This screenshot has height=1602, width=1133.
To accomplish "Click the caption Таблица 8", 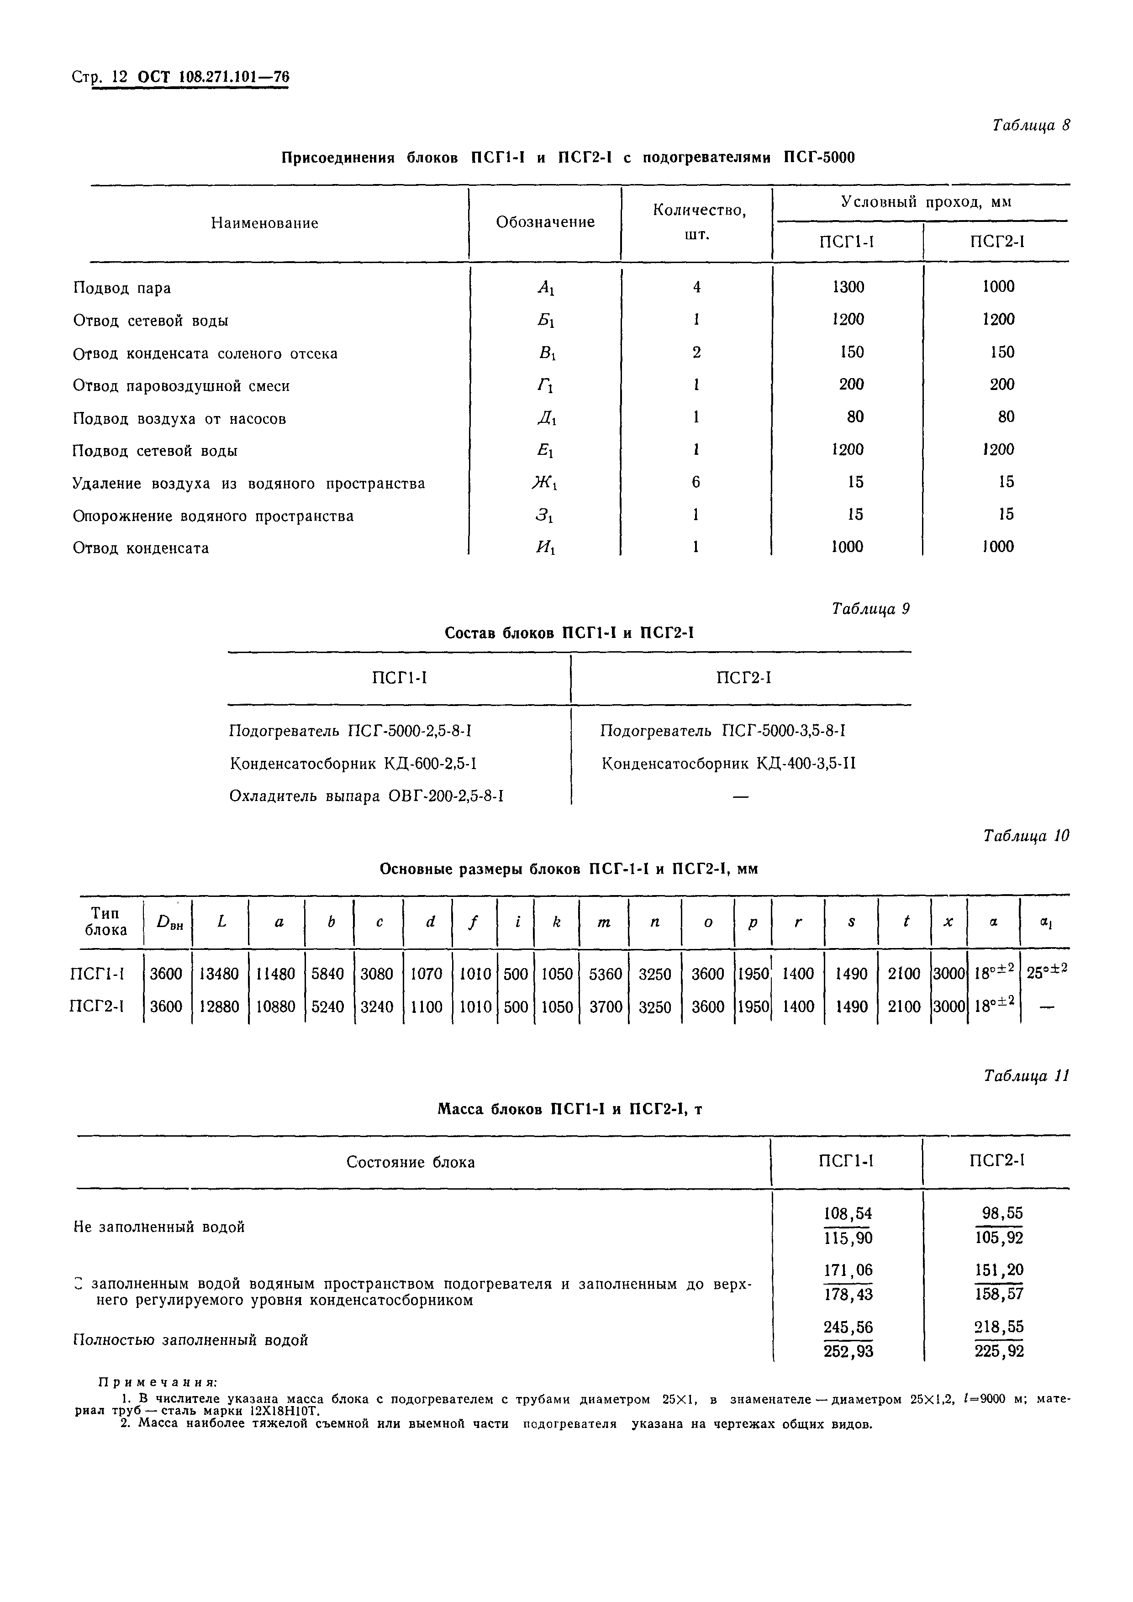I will tap(1030, 126).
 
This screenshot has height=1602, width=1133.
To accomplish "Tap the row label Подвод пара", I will tap(122, 288).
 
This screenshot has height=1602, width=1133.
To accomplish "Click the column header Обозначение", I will tap(545, 222).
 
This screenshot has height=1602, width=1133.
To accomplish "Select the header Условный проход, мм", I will tap(925, 202).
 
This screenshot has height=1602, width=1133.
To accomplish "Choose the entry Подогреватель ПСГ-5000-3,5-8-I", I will tap(723, 731).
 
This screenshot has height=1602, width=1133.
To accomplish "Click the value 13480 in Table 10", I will tap(219, 973).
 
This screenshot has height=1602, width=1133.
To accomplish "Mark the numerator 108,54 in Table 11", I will tap(848, 1213).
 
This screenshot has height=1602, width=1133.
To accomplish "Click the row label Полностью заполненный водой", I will tap(190, 1340).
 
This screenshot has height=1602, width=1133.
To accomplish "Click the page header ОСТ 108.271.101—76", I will tap(213, 77).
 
